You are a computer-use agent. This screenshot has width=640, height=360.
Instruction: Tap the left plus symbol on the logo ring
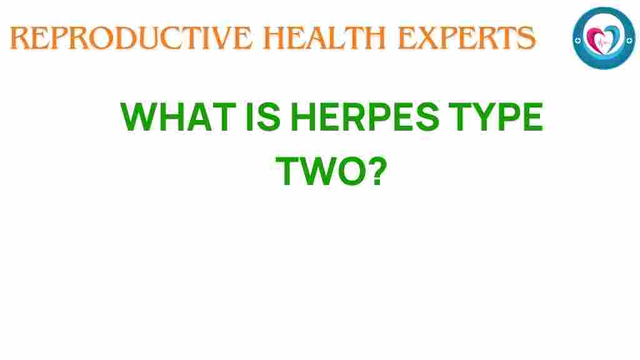coord(579,38)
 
